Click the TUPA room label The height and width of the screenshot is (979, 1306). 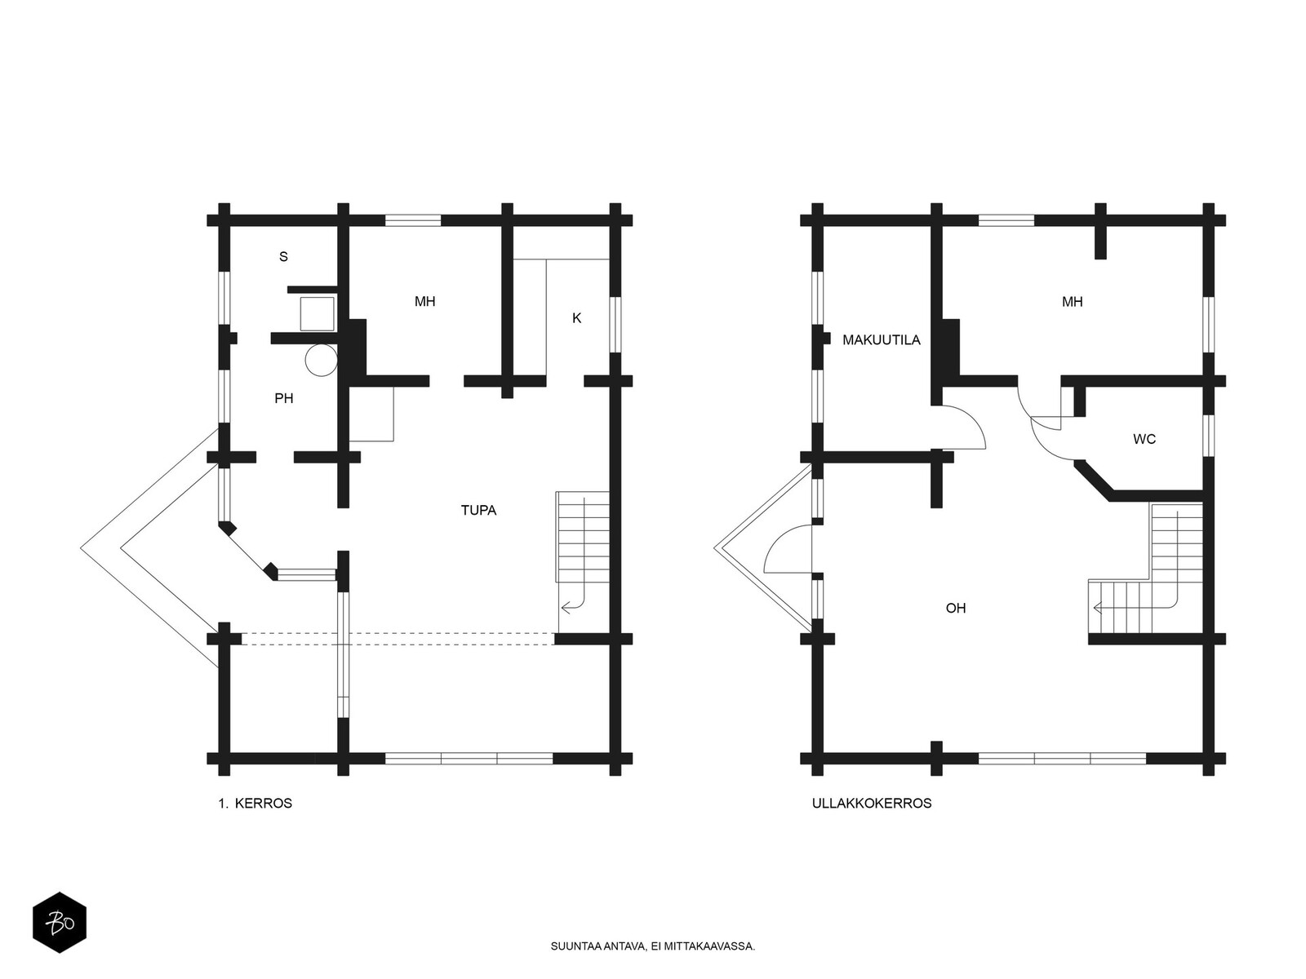coord(478,510)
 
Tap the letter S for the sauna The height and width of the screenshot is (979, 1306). coord(283,257)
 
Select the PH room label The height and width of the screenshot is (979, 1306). coord(284,398)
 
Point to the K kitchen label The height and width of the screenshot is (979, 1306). coord(576,318)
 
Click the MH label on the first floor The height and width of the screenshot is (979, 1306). coord(424,301)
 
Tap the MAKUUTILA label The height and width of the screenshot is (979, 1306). coord(882,340)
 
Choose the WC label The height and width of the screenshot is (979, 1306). coord(1144,439)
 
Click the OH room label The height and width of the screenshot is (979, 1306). coord(956,608)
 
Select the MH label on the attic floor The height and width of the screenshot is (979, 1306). coord(1073,302)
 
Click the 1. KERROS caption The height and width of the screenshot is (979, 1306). coord(255,804)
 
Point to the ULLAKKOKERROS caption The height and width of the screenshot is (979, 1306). coord(872,804)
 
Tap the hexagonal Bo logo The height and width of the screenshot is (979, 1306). coord(60,923)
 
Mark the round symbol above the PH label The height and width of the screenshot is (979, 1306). coord(322,360)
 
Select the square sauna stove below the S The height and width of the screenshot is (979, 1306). coord(317,314)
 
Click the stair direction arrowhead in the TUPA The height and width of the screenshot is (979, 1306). coord(565,608)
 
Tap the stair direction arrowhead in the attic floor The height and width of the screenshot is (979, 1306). coord(1097,608)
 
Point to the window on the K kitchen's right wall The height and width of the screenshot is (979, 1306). coord(615,325)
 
